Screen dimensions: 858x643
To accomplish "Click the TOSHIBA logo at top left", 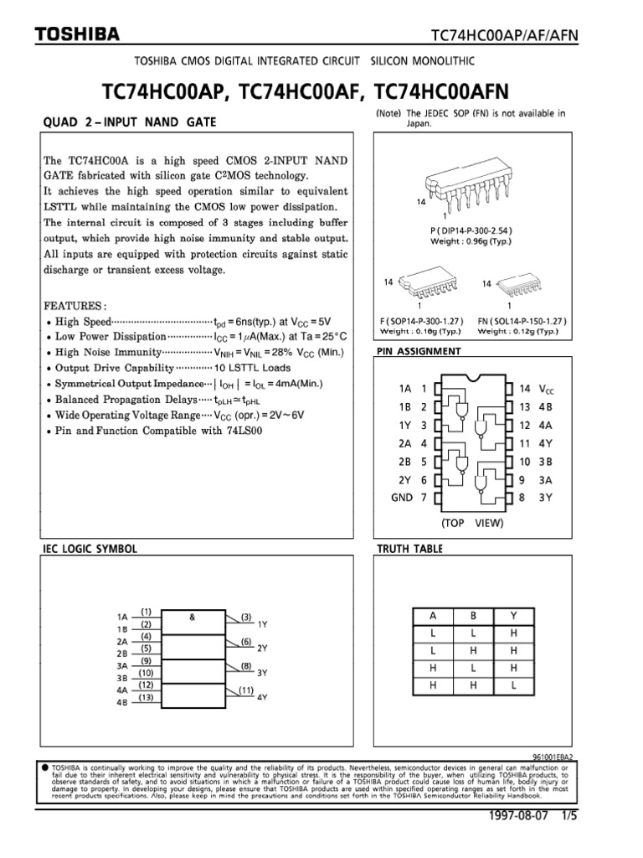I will pos(77,34).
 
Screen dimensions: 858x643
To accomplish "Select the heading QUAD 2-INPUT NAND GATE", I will pos(129,122).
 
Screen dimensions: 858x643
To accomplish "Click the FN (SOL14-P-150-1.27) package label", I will pos(522,321).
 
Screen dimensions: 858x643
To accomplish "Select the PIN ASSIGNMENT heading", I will pos(419,350).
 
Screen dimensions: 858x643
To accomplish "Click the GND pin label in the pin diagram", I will pos(404,498).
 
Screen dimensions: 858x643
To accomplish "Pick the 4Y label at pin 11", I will pos(544,443).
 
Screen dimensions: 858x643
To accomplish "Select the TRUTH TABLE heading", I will pos(410,549).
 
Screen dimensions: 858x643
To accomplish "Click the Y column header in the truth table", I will pos(513,616).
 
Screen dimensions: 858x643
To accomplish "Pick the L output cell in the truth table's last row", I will pos(513,685).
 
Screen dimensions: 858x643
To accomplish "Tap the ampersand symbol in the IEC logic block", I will pos(192,618).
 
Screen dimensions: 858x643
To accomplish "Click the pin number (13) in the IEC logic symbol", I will pos(146,697).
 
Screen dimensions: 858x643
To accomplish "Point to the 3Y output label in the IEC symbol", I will pos(262,673).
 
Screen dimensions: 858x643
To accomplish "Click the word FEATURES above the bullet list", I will pos(75,306).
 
